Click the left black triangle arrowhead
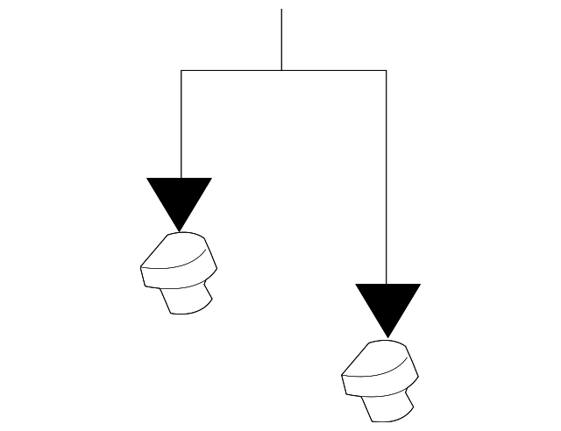click(x=180, y=198)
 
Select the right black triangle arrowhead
click(x=387, y=304)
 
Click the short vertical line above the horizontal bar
click(x=281, y=39)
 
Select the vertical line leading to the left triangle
click(x=181, y=123)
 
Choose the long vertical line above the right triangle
click(x=387, y=175)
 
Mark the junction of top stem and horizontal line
click(x=281, y=70)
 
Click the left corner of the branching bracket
click(x=181, y=70)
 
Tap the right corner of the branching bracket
click(x=387, y=70)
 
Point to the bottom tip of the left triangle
click(x=180, y=231)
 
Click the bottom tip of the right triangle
click(x=387, y=337)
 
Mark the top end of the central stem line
click(x=281, y=10)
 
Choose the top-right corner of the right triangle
click(x=419, y=285)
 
